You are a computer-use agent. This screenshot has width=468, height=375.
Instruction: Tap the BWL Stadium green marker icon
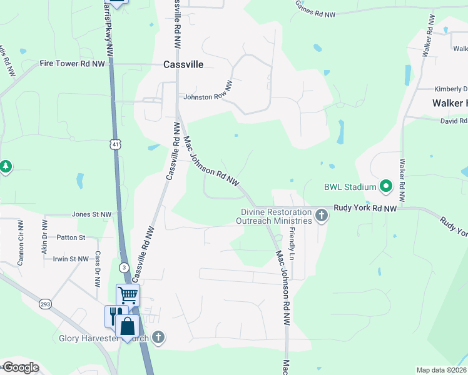click(x=386, y=186)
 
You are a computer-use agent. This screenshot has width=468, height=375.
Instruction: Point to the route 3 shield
click(x=124, y=267)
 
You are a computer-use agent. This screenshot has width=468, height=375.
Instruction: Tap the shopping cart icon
click(x=128, y=294)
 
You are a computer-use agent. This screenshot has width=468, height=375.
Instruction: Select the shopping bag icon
click(x=127, y=326)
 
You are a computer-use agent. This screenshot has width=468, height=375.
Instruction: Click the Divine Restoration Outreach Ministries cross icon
click(x=322, y=216)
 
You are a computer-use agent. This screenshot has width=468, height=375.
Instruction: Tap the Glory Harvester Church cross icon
click(x=158, y=337)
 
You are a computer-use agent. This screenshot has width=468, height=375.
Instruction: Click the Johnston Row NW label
click(x=206, y=97)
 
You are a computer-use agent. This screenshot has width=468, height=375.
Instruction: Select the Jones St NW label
click(x=91, y=214)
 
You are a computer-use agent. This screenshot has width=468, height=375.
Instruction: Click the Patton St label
click(x=71, y=237)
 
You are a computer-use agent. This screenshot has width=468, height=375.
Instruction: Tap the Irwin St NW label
click(x=71, y=258)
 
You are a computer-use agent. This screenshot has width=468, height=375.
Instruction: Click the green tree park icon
click(x=6, y=166)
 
